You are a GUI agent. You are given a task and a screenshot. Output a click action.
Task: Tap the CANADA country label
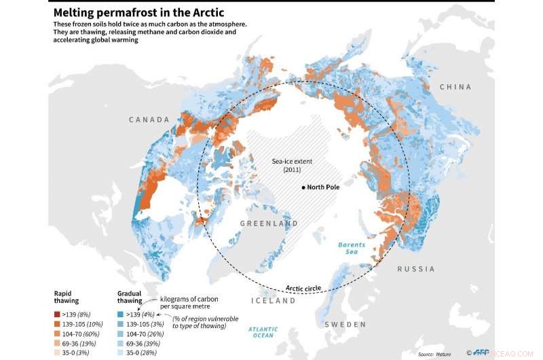tap(149, 120)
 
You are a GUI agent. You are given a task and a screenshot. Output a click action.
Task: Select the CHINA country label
tap(455, 87)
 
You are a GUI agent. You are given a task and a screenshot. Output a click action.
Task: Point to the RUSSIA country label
tap(416, 269)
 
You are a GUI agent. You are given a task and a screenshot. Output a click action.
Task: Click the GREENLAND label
tap(269, 223)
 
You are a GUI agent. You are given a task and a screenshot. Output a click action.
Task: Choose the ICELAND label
tap(274, 300)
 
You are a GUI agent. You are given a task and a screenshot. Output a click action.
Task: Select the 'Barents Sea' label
tap(352, 249)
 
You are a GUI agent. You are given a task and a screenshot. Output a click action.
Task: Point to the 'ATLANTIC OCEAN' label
tap(262, 332)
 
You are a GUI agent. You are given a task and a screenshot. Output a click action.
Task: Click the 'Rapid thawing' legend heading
tap(67, 296)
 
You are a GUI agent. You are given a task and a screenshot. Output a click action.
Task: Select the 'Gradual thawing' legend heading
tap(130, 296)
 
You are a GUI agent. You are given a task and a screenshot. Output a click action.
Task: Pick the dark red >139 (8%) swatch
tap(57, 314)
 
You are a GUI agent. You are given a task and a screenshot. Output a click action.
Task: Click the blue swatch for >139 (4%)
tap(120, 314)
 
